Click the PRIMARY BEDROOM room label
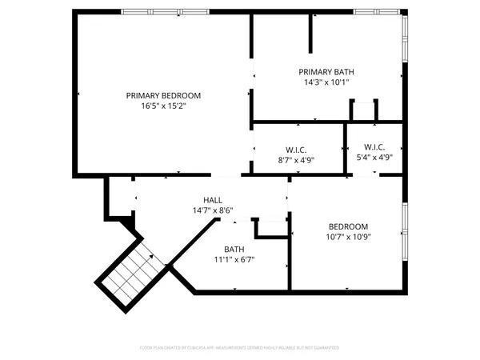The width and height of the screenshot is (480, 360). [x=163, y=95]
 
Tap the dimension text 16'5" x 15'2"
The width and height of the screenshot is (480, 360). [x=163, y=106]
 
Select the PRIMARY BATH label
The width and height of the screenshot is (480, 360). [x=326, y=71]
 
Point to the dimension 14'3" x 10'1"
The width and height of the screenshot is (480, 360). [x=326, y=82]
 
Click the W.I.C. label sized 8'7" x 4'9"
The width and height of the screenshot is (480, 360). [x=297, y=149]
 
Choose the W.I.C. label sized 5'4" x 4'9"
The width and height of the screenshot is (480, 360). [x=374, y=147]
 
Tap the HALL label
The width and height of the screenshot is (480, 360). [x=213, y=200]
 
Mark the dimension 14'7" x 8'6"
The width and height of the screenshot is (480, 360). [x=213, y=210]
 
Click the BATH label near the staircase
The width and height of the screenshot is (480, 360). [x=234, y=249]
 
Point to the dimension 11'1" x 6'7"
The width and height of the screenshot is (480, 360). [x=234, y=259]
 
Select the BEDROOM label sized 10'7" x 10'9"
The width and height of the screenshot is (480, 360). [x=347, y=226]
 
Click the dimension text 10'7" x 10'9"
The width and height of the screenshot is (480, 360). [x=347, y=236]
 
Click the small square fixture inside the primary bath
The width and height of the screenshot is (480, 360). [x=364, y=110]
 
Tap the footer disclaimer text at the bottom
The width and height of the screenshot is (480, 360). [x=240, y=348]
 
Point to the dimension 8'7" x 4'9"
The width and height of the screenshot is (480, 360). [x=297, y=159]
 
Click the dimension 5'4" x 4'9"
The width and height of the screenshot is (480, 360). [x=374, y=158]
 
